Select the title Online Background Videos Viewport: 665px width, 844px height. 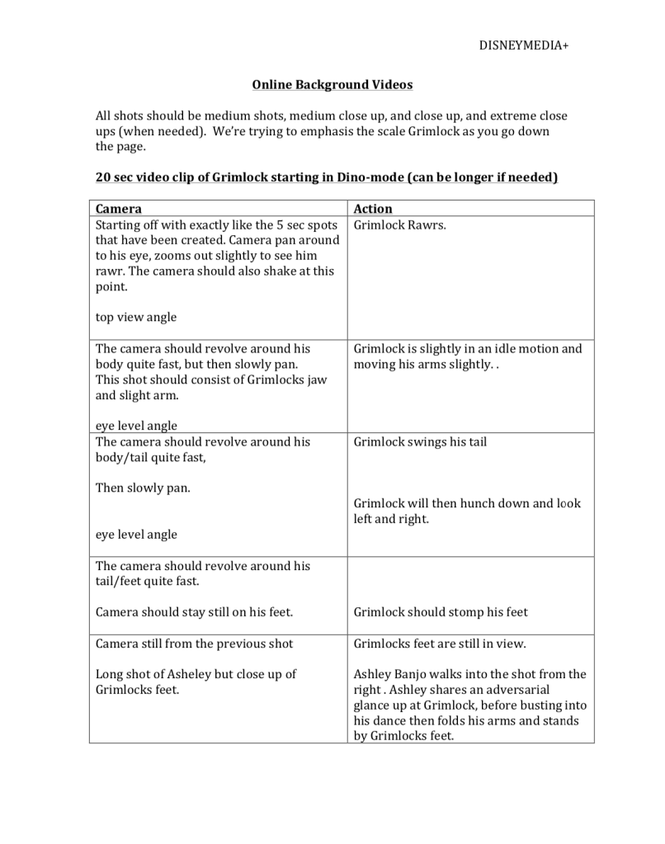[x=332, y=85]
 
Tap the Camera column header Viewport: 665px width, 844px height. [x=119, y=209]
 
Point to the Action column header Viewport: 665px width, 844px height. [x=373, y=209]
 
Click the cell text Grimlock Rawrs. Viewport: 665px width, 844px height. [x=400, y=224]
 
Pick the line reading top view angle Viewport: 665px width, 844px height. [x=136, y=317]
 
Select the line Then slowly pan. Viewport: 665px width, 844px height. [x=143, y=488]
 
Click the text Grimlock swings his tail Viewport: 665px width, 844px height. [x=420, y=441]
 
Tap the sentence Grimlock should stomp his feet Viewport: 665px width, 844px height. [x=441, y=612]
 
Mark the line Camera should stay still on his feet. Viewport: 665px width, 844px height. [x=195, y=612]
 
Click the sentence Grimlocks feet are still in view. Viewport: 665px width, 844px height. [x=440, y=644]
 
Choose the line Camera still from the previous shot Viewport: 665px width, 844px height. [x=194, y=644]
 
